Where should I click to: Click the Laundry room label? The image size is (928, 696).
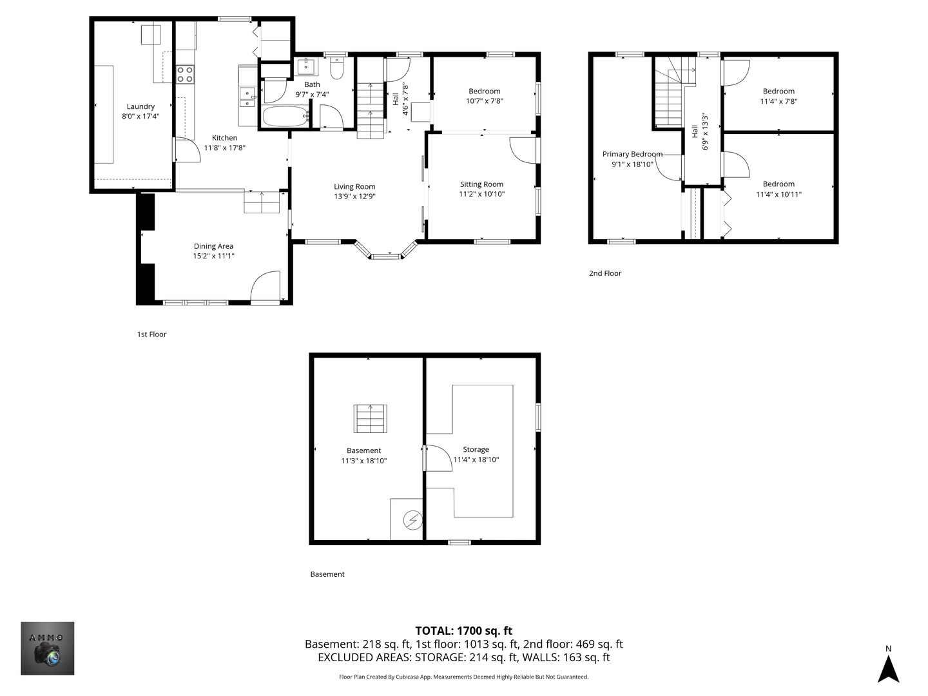(140, 106)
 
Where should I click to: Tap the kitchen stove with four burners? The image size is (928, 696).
(185, 74)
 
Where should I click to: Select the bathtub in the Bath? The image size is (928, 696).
(285, 117)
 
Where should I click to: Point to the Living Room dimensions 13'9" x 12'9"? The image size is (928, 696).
(354, 197)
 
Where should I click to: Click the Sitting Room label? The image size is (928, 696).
(481, 184)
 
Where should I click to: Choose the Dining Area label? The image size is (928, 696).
(213, 246)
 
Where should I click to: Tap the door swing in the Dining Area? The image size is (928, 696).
(266, 286)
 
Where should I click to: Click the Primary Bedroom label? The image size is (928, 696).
(632, 154)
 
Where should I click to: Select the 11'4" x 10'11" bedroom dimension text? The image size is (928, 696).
(778, 194)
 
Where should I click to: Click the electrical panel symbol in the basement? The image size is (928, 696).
(412, 519)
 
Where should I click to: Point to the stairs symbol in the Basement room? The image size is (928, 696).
(370, 418)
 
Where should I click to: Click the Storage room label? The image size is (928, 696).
(476, 449)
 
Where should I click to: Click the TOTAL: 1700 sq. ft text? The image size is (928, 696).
(463, 631)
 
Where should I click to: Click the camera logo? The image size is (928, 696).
(48, 648)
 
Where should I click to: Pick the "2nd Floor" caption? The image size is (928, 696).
(605, 273)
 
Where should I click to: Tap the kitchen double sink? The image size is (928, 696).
(247, 97)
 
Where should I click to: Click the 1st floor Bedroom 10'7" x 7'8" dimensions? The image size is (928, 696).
(484, 101)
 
